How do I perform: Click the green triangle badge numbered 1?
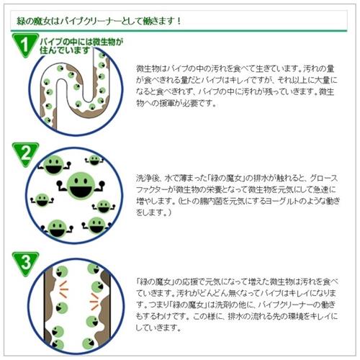point(25,45)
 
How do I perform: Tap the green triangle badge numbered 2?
point(25,154)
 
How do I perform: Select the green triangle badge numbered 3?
point(25,263)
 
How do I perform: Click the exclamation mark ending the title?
point(178,21)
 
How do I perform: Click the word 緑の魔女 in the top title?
point(34,21)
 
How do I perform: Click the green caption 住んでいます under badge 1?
point(65,50)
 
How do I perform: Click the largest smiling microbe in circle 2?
point(81,186)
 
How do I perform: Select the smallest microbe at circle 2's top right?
point(94,160)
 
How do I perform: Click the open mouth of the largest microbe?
point(81,191)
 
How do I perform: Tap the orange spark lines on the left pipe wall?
point(63,289)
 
